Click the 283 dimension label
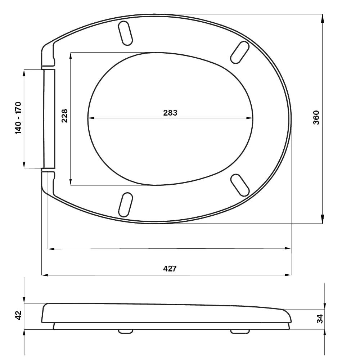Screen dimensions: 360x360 [170, 113]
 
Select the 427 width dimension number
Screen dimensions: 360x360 [170, 269]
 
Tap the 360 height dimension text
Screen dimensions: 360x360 [316, 118]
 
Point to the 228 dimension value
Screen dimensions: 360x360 [65, 116]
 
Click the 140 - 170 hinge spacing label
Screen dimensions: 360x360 [18, 118]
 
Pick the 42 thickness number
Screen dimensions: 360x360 [18, 315]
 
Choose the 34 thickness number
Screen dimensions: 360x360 [320, 319]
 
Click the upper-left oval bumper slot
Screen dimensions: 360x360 [125, 33]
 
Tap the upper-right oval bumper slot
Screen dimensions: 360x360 [240, 52]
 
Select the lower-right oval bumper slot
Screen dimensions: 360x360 [240, 185]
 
